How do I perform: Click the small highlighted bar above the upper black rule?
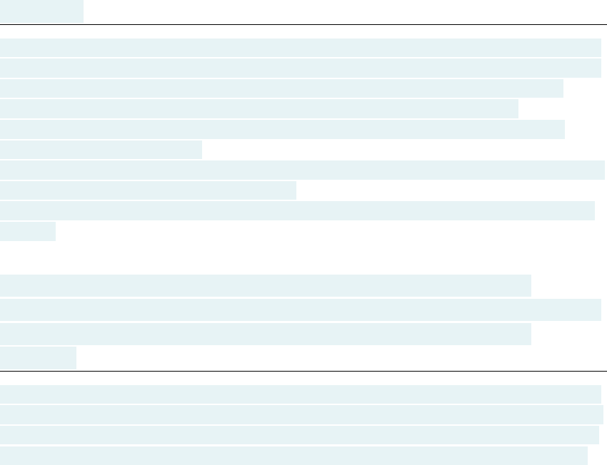(41, 11)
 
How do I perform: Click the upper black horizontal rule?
(303, 25)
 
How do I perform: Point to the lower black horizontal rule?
(303, 371)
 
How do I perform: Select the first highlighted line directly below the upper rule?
(301, 48)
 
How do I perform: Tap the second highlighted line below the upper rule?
(301, 68)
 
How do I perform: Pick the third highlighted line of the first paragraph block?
(281, 88)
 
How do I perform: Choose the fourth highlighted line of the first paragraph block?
(259, 109)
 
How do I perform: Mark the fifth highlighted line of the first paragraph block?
(282, 130)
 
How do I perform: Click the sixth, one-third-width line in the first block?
(101, 150)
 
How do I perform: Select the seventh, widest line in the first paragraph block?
(303, 170)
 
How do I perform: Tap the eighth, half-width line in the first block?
(148, 190)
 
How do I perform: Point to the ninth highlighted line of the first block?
(297, 210)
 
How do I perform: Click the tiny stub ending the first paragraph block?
(28, 231)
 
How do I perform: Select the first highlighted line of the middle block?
(266, 285)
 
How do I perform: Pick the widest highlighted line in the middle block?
(301, 310)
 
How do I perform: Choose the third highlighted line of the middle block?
(266, 334)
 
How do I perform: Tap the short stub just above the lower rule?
(38, 358)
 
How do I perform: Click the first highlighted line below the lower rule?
(301, 394)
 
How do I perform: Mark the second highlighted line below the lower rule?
(301, 415)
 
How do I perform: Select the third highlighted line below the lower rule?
(299, 435)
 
